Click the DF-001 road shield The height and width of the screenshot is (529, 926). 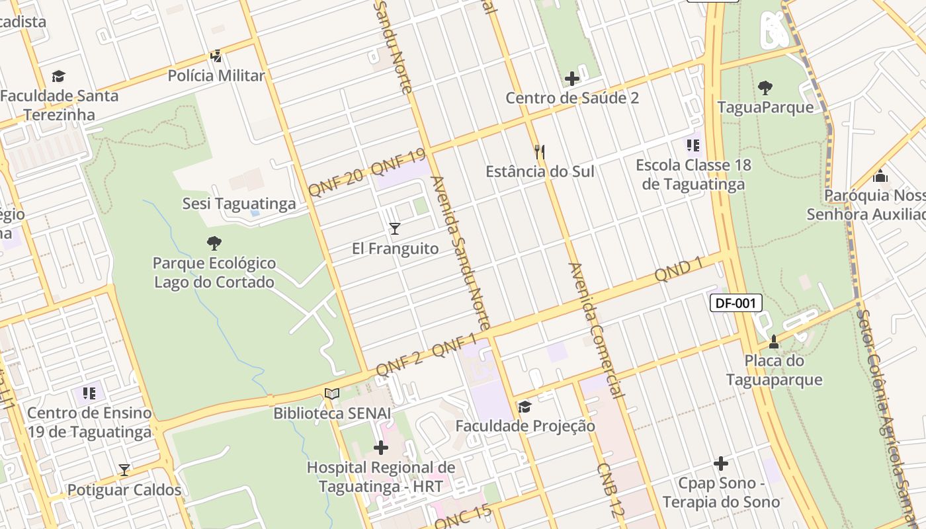point(736,304)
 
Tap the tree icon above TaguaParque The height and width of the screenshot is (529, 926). point(765,87)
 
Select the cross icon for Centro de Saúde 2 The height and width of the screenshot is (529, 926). point(572,79)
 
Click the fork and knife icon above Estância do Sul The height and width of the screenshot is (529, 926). point(540,152)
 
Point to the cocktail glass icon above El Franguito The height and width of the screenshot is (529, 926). point(395,229)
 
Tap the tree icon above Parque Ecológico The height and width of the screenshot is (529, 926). point(214,243)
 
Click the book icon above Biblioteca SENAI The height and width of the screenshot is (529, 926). point(332,394)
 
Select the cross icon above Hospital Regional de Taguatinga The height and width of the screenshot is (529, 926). point(381,448)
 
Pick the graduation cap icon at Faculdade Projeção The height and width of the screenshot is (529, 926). point(525,407)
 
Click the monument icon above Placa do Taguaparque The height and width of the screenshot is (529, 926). point(774,342)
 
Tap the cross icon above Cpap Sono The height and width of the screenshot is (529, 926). point(721,464)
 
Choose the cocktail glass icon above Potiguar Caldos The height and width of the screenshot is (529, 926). point(124,470)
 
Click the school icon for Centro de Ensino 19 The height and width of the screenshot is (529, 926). point(89,393)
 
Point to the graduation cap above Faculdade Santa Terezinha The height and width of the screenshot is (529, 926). point(59,76)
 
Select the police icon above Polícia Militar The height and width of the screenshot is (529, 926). point(216,56)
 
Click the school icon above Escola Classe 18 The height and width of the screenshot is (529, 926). point(693,145)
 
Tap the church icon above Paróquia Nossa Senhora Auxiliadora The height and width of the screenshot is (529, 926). point(880,176)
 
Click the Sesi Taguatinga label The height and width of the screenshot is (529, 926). point(239,204)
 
